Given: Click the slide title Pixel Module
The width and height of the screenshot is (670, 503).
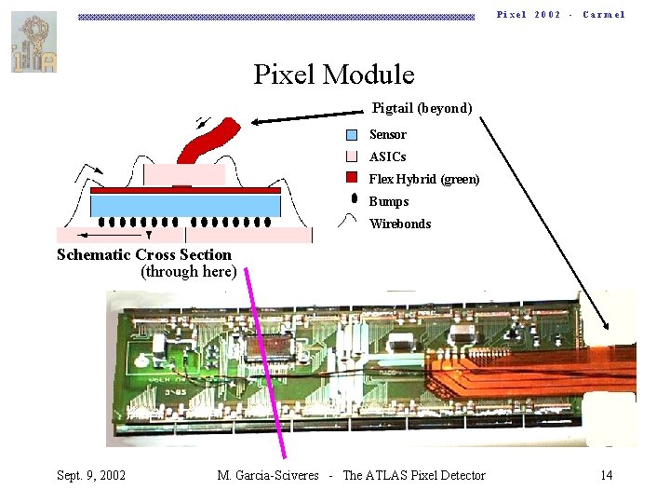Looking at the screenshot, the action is pyautogui.click(x=334, y=74).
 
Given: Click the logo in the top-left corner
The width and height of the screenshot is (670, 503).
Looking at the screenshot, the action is pyautogui.click(x=33, y=42).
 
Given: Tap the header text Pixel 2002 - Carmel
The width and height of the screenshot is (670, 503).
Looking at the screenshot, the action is pyautogui.click(x=560, y=15).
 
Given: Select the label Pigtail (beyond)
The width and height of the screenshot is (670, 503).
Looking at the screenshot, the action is pyautogui.click(x=422, y=108).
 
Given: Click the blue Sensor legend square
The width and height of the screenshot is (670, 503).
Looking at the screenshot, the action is pyautogui.click(x=352, y=134).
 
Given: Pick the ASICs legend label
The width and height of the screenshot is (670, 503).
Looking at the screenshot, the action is pyautogui.click(x=387, y=156).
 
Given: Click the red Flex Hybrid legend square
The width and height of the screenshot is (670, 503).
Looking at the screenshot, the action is pyautogui.click(x=352, y=177).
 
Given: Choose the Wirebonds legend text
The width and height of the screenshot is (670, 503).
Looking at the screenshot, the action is pyautogui.click(x=400, y=224).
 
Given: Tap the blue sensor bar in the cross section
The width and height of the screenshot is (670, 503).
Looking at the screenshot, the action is pyautogui.click(x=185, y=204).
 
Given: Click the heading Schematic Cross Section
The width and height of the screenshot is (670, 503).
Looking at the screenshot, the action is pyautogui.click(x=144, y=254).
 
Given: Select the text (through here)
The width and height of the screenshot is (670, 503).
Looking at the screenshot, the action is pyautogui.click(x=188, y=272).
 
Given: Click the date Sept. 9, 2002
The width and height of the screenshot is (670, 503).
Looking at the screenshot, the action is pyautogui.click(x=91, y=476).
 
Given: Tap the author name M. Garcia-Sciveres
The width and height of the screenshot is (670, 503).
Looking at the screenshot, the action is pyautogui.click(x=268, y=476).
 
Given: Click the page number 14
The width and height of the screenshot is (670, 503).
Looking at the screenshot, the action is pyautogui.click(x=606, y=476).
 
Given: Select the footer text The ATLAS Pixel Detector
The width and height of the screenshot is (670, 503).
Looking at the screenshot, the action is pyautogui.click(x=414, y=476).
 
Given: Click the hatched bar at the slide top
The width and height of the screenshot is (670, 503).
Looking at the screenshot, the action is pyautogui.click(x=276, y=16).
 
